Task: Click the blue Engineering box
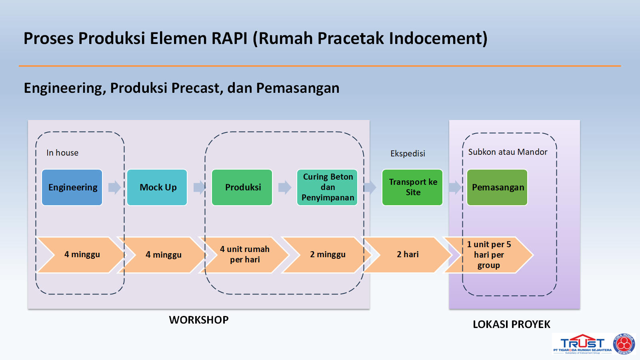tap(72, 187)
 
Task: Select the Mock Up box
tap(157, 187)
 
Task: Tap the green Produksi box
tap(242, 187)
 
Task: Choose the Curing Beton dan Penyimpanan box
tap(327, 187)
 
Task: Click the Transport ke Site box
tap(412, 187)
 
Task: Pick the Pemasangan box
tap(497, 187)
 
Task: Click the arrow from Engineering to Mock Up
tap(114, 187)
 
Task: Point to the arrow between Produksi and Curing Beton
tap(285, 187)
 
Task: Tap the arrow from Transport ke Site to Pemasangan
tap(455, 187)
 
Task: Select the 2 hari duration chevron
tap(408, 255)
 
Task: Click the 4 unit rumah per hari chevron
tap(245, 255)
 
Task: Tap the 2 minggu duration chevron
tap(327, 255)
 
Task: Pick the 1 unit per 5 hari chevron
tap(489, 255)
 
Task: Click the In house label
tap(62, 153)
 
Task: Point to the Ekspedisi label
tap(408, 154)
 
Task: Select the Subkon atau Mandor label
tap(508, 152)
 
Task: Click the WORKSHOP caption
tap(199, 320)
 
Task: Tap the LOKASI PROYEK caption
tap(511, 324)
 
